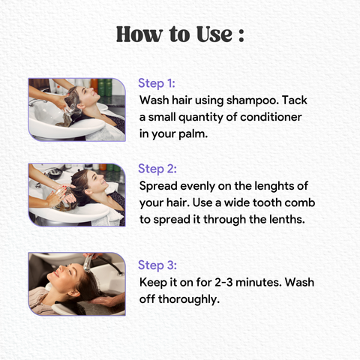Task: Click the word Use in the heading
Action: coord(214,34)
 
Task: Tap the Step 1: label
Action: coord(157,83)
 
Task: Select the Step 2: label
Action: coord(157,169)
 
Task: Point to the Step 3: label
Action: coord(157,265)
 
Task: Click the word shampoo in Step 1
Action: coord(253,100)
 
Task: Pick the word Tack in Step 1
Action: coord(295,100)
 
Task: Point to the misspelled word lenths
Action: coord(287,220)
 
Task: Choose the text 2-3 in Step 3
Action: coord(223,282)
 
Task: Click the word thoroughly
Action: coord(189,299)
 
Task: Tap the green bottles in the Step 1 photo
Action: coord(105,87)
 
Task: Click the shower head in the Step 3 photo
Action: coord(88,264)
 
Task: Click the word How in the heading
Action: coord(139,34)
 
